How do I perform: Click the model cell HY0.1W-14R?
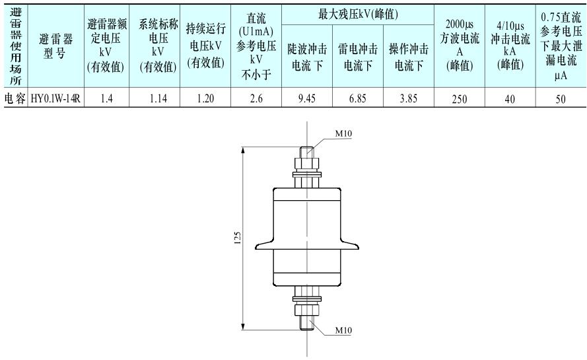(x=54, y=100)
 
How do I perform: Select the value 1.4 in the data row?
(x=106, y=100)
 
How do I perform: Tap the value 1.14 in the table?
(x=156, y=100)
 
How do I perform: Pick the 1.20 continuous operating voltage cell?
(x=205, y=100)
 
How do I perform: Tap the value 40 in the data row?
(x=509, y=100)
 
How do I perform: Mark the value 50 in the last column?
(x=561, y=100)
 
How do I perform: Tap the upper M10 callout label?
(x=344, y=133)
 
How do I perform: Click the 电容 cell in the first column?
(x=14, y=100)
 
